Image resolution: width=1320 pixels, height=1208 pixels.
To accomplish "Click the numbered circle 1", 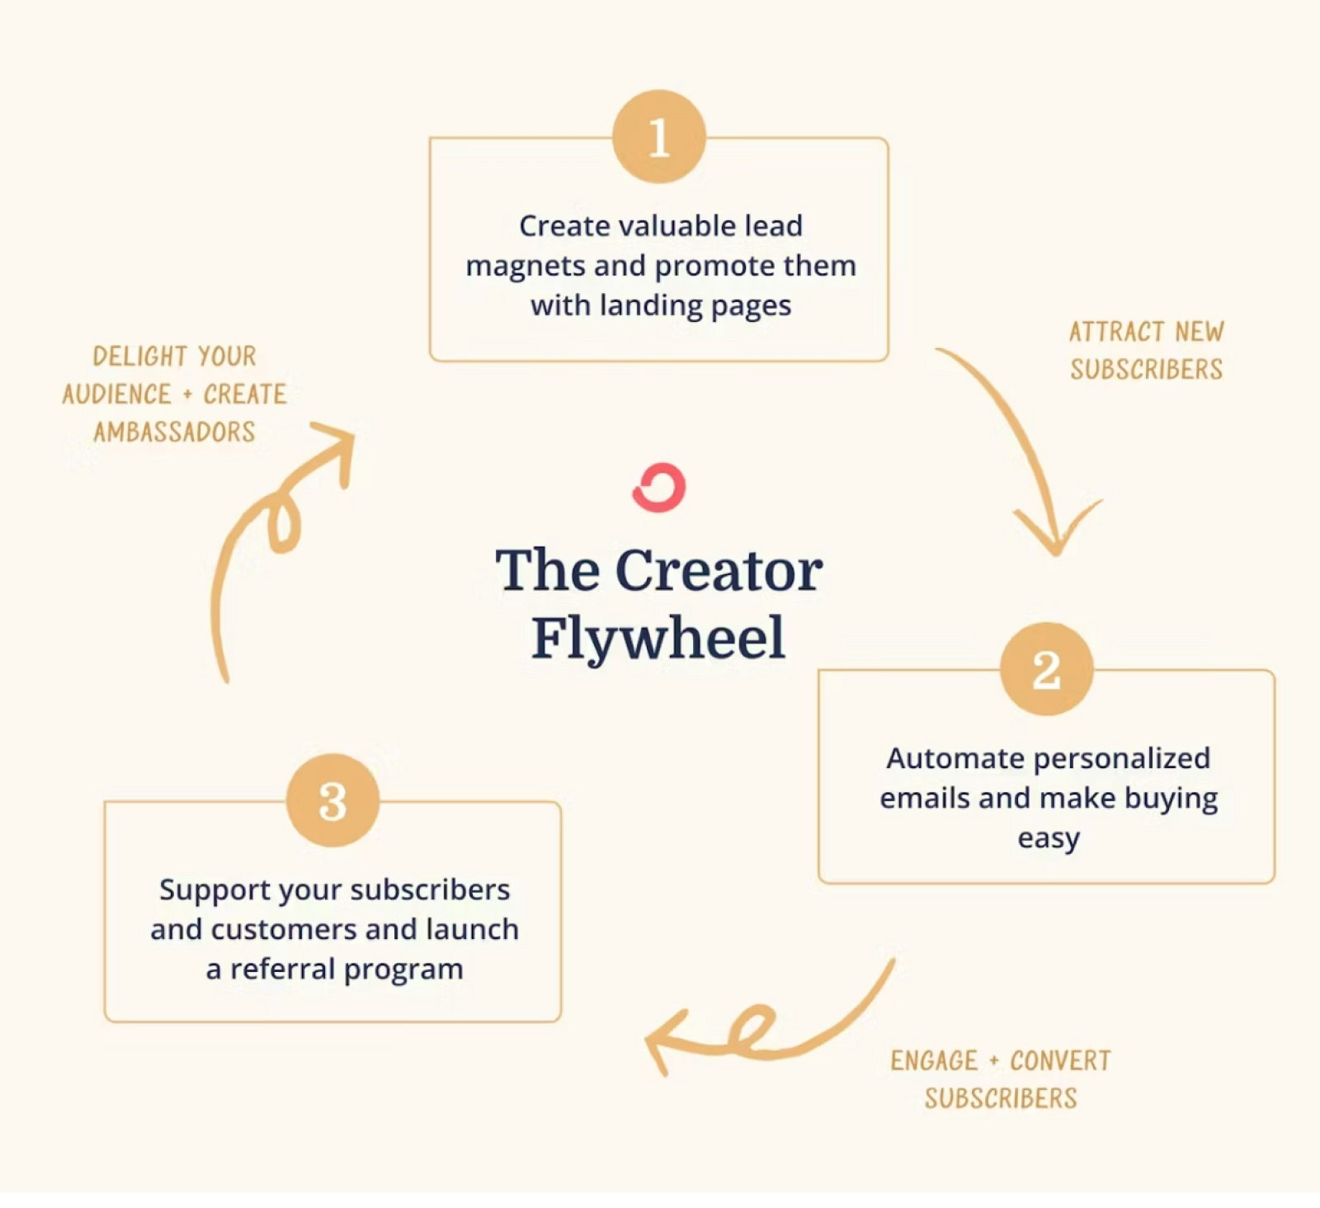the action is [659, 137].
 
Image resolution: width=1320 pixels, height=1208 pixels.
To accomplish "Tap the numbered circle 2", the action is [1047, 669].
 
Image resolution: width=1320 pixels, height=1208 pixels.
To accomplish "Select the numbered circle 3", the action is [333, 800].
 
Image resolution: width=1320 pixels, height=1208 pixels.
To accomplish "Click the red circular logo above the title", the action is [659, 488].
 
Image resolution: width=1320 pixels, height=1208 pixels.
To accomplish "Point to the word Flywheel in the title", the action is [658, 638].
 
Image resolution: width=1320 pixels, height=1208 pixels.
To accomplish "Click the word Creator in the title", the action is [719, 570].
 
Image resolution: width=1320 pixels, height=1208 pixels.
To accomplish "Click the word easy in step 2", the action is [1049, 839].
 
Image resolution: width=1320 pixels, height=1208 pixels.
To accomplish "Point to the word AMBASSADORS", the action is [174, 432].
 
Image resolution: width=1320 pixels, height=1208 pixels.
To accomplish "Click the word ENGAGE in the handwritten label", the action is [934, 1061].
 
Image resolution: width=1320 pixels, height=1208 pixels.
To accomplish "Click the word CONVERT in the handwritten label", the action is [1061, 1061].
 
